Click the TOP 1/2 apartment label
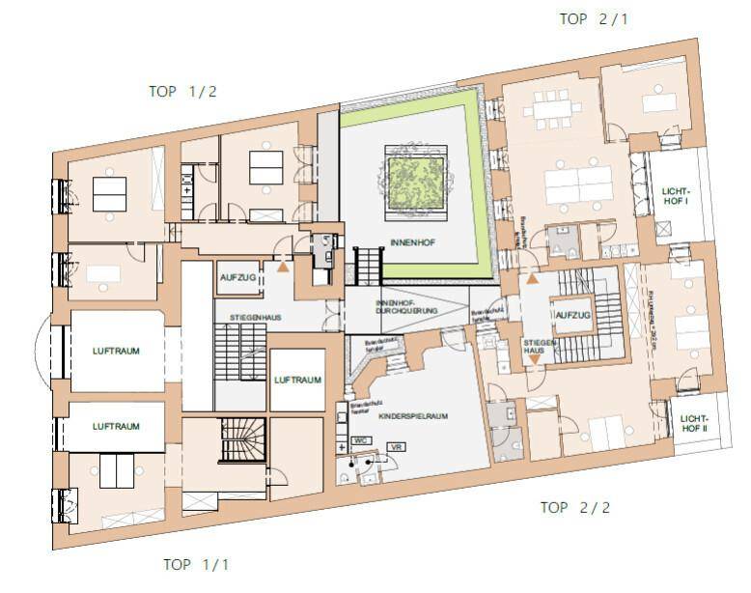pyautogui.click(x=182, y=92)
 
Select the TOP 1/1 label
pyautogui.click(x=196, y=564)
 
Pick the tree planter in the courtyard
pyautogui.click(x=414, y=177)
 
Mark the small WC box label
pyautogui.click(x=362, y=439)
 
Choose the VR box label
pyautogui.click(x=395, y=448)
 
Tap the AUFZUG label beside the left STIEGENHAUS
pyautogui.click(x=237, y=277)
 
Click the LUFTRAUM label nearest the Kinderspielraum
pyautogui.click(x=296, y=381)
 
